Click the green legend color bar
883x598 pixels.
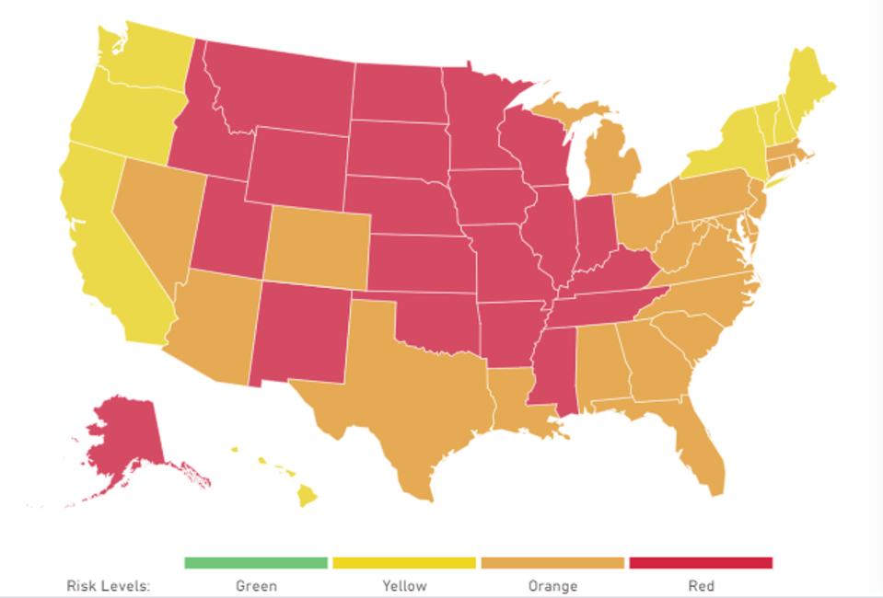(x=256, y=562)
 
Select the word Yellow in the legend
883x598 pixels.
(x=404, y=585)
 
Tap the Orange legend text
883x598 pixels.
(x=552, y=585)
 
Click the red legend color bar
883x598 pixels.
(x=700, y=562)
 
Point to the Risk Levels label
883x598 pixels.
(x=108, y=585)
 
